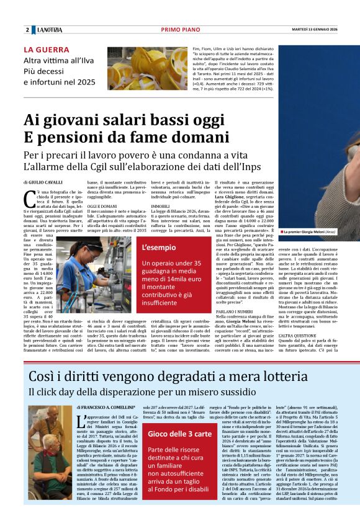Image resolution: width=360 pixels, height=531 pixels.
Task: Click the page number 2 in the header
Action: (27, 30)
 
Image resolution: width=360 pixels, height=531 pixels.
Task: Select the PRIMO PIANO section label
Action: (179, 30)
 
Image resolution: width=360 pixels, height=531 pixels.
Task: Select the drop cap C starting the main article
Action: (29, 199)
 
